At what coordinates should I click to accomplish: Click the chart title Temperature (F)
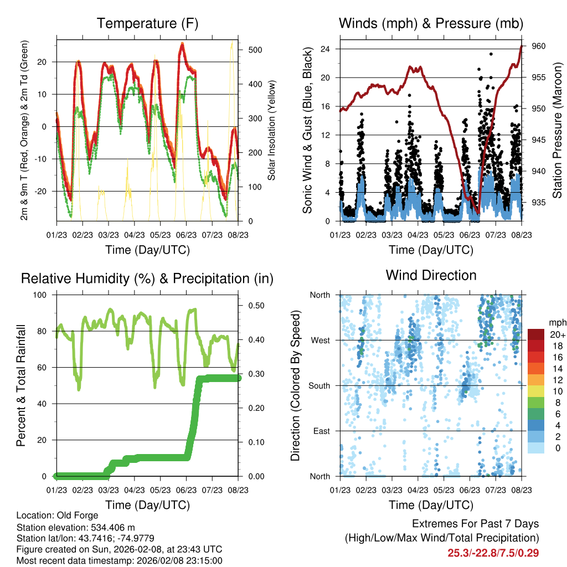coord(147,24)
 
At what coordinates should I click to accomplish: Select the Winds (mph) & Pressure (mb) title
coord(431,24)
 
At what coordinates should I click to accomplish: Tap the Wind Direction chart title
coord(431,275)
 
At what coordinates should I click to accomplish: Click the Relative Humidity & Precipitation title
coord(147,279)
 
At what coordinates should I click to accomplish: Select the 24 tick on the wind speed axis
coord(325,49)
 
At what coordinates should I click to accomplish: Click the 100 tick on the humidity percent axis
coord(39,295)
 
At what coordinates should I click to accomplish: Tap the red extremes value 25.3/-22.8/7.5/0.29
coord(493,553)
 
